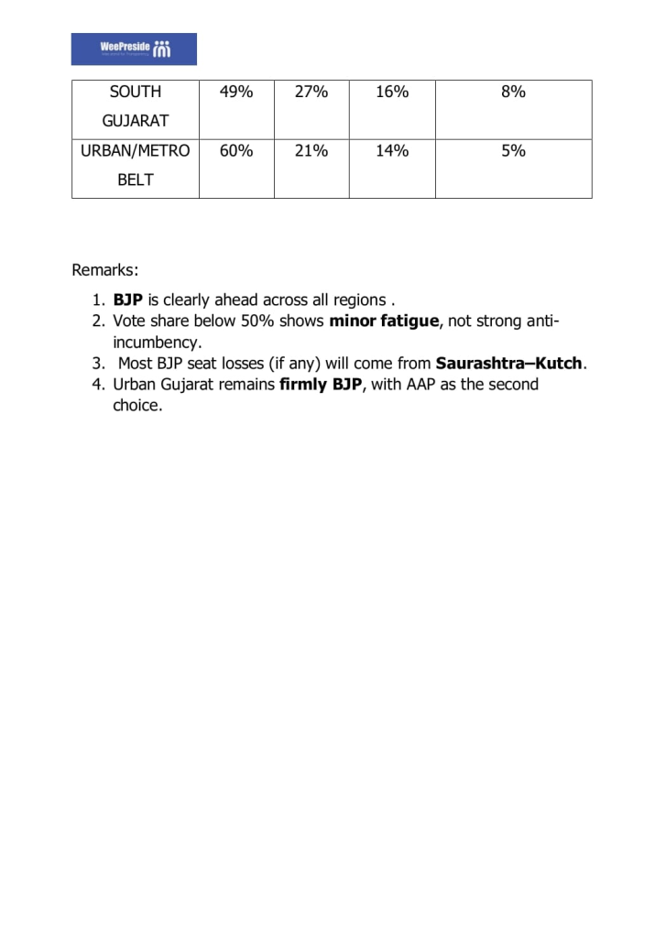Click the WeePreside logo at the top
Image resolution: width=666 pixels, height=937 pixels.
(134, 49)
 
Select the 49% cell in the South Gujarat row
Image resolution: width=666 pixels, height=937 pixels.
(235, 93)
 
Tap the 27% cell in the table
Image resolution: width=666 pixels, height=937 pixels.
(311, 93)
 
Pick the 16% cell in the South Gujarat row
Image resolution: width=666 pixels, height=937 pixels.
(392, 93)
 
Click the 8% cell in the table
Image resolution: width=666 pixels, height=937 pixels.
(513, 93)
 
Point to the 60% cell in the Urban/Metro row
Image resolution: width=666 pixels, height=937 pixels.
(235, 152)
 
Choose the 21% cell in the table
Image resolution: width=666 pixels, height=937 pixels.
(311, 152)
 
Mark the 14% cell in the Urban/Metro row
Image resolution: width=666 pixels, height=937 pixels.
(392, 152)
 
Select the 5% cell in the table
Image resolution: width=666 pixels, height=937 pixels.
(513, 152)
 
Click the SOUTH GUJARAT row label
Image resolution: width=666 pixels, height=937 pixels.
(135, 106)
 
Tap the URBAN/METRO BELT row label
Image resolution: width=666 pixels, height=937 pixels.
(135, 166)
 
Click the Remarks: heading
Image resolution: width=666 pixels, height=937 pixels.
(105, 270)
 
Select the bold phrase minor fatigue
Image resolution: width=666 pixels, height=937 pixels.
(384, 321)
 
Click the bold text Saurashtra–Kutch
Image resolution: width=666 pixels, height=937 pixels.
(508, 364)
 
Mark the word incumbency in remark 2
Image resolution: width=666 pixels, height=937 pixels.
(157, 343)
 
